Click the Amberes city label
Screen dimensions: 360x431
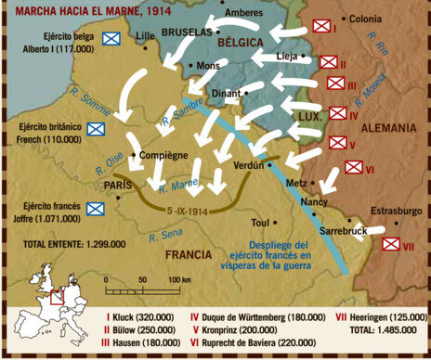244,13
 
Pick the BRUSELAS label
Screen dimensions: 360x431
186,31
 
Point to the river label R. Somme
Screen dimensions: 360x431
91,101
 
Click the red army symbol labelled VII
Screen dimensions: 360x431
392,244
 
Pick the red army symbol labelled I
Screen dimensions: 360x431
321,27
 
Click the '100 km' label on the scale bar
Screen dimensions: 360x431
168,279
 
